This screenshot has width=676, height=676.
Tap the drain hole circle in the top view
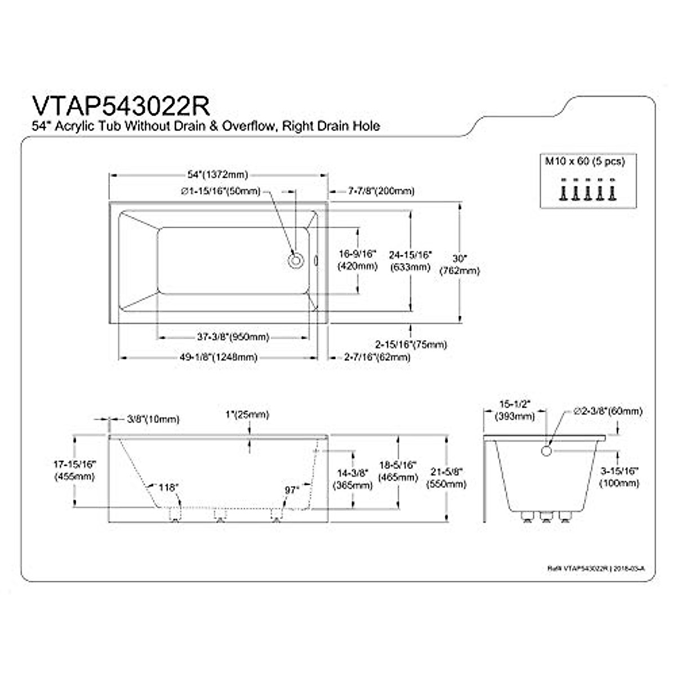point(296,260)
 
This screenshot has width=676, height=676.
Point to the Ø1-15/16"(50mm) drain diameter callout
point(221,191)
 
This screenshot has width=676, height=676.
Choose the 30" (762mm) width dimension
point(460,265)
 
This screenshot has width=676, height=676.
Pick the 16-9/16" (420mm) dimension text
point(357,260)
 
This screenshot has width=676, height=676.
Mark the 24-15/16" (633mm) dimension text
point(410,261)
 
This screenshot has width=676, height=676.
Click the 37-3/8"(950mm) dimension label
point(233,337)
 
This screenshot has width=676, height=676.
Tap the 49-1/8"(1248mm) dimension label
point(219,357)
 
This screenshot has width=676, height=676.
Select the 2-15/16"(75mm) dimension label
point(411,344)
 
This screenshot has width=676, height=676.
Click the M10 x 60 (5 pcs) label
point(584,161)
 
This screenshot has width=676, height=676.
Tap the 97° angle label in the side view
point(292,490)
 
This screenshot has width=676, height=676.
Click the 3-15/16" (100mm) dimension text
point(619,477)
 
